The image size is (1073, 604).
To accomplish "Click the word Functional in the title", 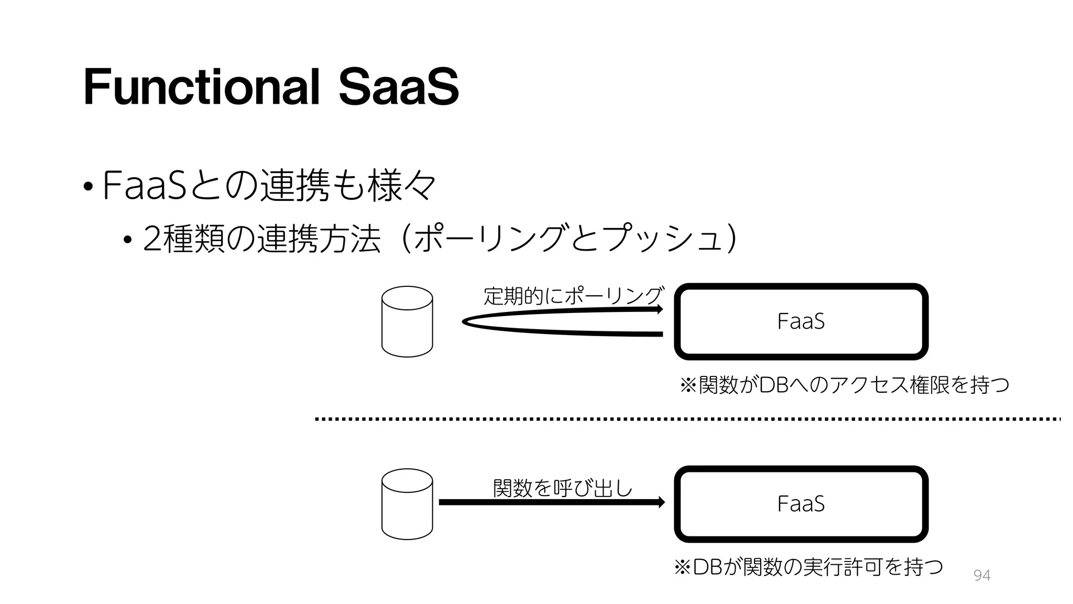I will [x=201, y=87].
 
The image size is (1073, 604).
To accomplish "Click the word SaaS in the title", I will [x=398, y=87].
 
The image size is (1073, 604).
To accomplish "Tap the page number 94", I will [x=981, y=576].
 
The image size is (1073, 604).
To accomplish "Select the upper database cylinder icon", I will [x=407, y=321].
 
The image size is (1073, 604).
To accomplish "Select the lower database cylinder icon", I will [x=407, y=504].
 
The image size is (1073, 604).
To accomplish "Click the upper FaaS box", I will [x=801, y=321].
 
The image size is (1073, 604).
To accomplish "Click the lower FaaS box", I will [x=801, y=504].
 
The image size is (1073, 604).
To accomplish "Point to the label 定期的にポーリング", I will [x=574, y=296].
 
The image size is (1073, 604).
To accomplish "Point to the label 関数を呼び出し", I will [x=563, y=488].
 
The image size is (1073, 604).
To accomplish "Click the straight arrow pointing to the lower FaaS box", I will [x=550, y=502].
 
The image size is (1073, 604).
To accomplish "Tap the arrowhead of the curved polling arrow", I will [x=660, y=309].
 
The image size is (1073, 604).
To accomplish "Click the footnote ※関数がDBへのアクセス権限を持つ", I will [x=844, y=385].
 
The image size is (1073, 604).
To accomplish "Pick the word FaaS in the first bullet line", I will [x=144, y=185].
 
